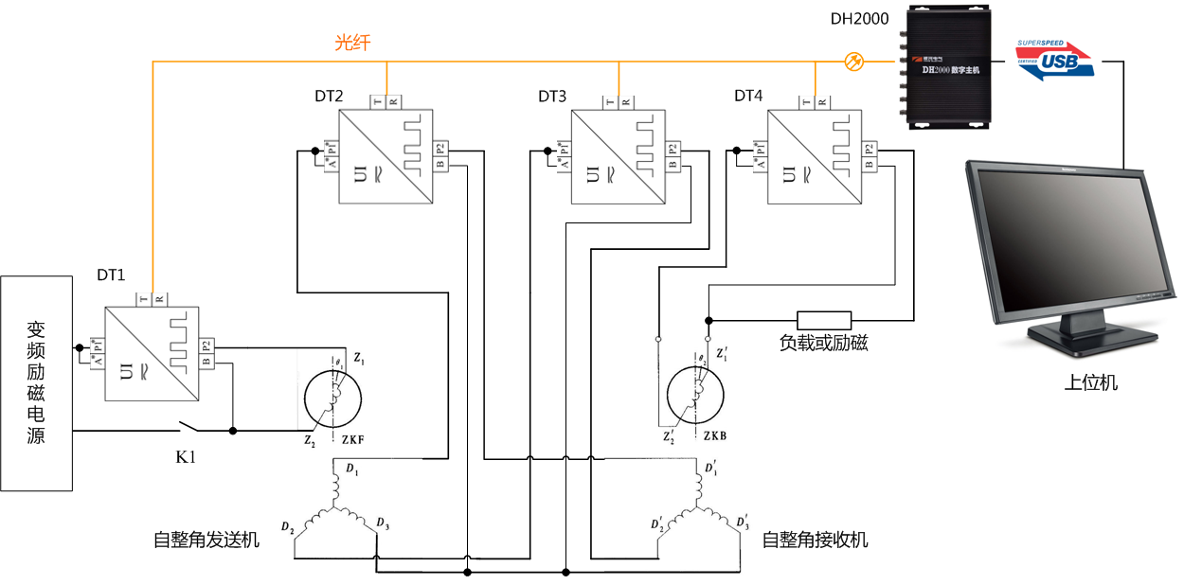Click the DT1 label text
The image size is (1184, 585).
pyautogui.click(x=111, y=275)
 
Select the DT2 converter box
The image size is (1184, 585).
pyautogui.click(x=386, y=156)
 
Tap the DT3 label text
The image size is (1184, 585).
pyautogui.click(x=552, y=96)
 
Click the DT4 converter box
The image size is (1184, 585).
pyautogui.click(x=815, y=156)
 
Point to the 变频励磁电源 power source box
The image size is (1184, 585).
pyautogui.click(x=36, y=382)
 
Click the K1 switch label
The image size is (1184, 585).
pyautogui.click(x=187, y=457)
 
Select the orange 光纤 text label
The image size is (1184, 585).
pyautogui.click(x=352, y=43)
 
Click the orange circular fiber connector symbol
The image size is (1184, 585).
pyautogui.click(x=853, y=62)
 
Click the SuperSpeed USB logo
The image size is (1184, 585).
pyautogui.click(x=1054, y=60)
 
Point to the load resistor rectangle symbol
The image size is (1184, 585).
pyautogui.click(x=824, y=320)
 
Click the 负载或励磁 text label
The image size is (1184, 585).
pyautogui.click(x=824, y=343)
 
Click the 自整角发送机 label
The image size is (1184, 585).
pyautogui.click(x=206, y=540)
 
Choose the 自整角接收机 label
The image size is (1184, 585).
pyautogui.click(x=815, y=540)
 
